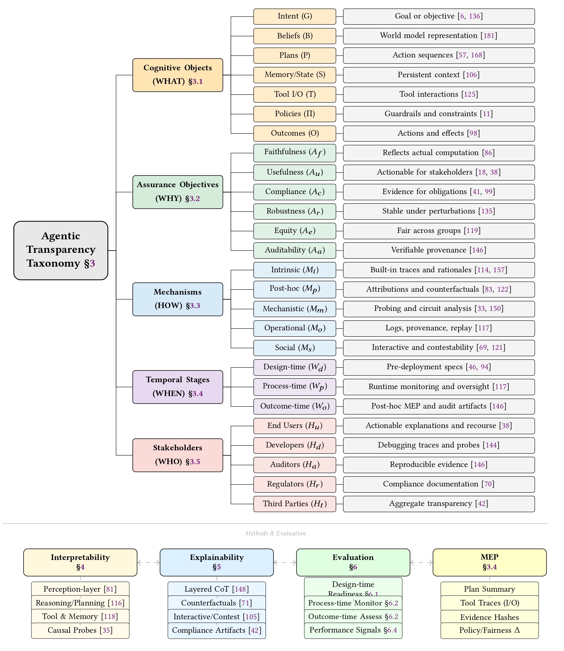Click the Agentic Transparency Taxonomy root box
[61, 250]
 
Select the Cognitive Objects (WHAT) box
[177, 75]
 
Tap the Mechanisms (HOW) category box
[177, 299]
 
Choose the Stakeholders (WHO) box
[177, 455]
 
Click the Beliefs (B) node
[295, 36]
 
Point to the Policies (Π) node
[295, 114]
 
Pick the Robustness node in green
[295, 211]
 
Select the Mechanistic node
[295, 309]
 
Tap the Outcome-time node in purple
[295, 406]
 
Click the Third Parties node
[295, 504]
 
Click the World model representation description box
[439, 36]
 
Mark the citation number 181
[489, 35]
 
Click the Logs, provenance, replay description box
[439, 328]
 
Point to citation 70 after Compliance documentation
[488, 484]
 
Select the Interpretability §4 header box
[80, 562]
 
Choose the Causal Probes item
[80, 630]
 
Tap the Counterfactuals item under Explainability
[217, 603]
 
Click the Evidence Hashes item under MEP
[489, 617]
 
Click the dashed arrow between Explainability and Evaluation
[285, 562]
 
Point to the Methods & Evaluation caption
[275, 533]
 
